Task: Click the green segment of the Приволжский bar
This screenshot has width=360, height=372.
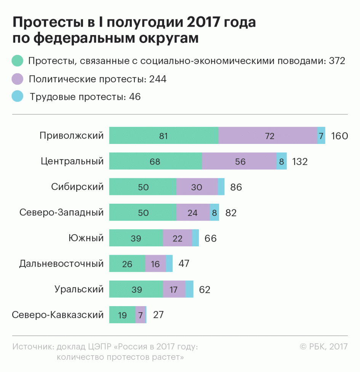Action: coord(164,136)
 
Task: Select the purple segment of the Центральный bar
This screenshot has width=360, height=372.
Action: coord(239,161)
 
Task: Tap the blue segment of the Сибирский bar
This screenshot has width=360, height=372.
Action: coord(221,187)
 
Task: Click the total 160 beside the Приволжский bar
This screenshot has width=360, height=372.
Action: coord(339,136)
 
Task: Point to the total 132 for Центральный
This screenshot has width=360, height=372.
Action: coord(300,161)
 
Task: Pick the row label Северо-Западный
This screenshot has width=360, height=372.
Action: coord(61,212)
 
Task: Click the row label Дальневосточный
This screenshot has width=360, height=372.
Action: coord(61,263)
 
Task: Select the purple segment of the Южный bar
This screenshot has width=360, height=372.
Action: coord(178,238)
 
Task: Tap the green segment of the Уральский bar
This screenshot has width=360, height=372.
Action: coord(136,289)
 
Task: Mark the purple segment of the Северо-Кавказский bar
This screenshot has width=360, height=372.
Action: coord(141,315)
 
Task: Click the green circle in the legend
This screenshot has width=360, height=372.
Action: coord(18,61)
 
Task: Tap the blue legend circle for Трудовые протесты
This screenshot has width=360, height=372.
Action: coord(18,97)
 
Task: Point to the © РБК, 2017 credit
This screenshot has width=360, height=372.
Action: coord(324,347)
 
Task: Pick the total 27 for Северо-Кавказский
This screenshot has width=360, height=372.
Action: coord(159,315)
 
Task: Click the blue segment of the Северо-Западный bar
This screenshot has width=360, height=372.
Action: coord(214,212)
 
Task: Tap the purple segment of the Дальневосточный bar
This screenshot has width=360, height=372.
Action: coord(155,263)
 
